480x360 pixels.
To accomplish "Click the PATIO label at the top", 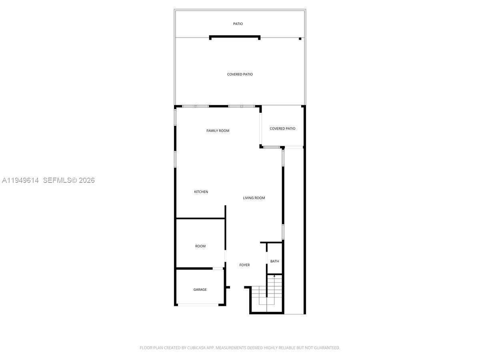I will (x=238, y=24).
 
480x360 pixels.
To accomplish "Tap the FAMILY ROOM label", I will (x=218, y=131).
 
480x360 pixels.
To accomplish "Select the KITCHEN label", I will (x=201, y=192).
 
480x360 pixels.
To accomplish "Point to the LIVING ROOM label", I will (x=254, y=198).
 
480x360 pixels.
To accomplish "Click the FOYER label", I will (x=244, y=265).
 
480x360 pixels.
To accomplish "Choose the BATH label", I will (x=274, y=261).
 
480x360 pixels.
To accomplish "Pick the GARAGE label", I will (x=200, y=290).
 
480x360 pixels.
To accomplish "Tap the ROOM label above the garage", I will (x=200, y=246).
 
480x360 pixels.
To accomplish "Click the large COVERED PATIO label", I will (x=240, y=74).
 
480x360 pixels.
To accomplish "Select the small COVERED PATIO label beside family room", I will (x=282, y=129).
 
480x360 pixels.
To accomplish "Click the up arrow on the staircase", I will (x=274, y=276).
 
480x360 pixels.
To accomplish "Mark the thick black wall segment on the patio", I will (x=235, y=37).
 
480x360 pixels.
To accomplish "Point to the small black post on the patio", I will (x=300, y=39).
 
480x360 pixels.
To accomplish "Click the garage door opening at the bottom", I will (x=198, y=305).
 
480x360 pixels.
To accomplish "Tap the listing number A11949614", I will (x=20, y=180).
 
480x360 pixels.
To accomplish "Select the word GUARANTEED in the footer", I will (x=325, y=348).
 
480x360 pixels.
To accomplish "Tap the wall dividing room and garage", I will (x=194, y=268).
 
